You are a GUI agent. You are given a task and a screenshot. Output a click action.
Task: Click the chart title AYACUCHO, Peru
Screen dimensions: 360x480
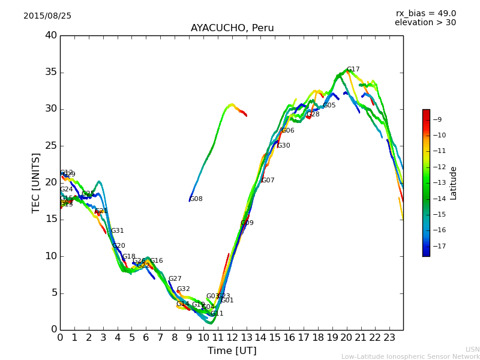point(232,28)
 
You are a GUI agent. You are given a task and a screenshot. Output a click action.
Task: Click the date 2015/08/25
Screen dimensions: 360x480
point(47,16)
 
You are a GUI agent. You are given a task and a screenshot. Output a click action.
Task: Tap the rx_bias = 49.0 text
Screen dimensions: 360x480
point(425,14)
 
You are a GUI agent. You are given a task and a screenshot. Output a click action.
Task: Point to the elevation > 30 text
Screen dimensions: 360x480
point(425,23)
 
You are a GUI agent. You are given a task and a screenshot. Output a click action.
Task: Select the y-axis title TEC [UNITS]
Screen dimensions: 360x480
point(37,183)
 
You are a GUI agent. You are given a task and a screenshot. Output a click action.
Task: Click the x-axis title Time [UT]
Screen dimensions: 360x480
point(232,351)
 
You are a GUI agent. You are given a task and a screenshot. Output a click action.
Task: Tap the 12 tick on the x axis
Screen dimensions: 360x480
point(232,338)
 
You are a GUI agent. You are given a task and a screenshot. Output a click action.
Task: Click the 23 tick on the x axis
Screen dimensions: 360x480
point(389,338)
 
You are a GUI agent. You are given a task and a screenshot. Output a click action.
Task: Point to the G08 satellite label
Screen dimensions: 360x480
point(196,199)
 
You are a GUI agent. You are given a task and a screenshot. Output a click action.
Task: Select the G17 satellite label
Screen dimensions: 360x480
point(353,70)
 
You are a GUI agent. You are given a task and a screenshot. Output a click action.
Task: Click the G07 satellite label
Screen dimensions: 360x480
point(268,181)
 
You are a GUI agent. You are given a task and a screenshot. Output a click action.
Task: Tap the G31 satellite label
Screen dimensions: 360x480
point(118,231)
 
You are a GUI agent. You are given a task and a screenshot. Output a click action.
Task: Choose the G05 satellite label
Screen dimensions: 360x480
point(329,106)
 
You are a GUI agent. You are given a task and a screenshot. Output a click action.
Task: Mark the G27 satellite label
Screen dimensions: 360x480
point(175,279)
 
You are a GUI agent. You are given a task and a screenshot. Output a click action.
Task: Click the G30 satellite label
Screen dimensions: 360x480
point(284,146)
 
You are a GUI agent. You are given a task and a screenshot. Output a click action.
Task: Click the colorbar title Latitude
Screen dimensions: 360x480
point(454,183)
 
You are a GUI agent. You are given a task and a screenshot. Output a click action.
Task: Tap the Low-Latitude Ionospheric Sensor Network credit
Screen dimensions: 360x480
point(410,357)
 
